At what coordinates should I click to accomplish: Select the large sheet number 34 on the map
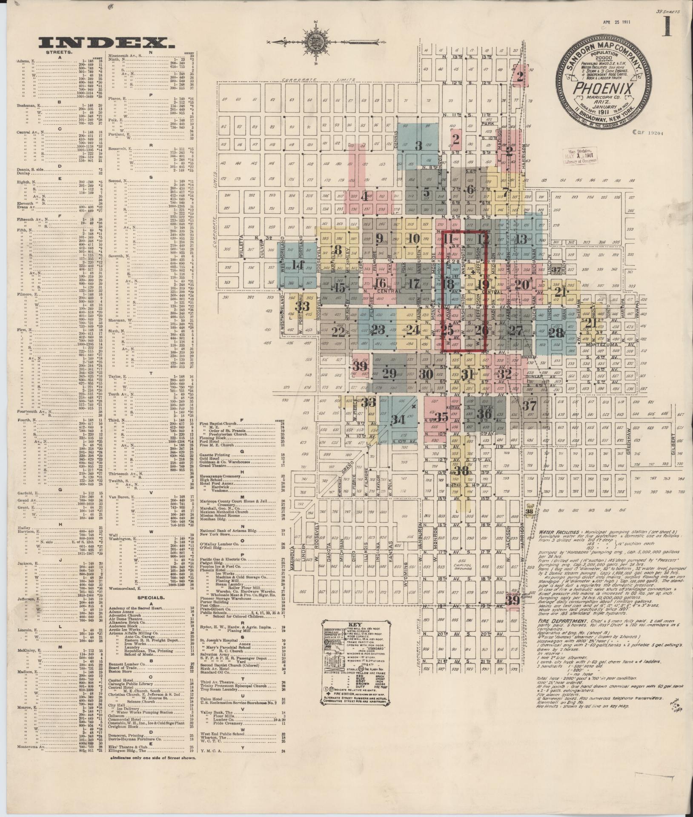point(398,419)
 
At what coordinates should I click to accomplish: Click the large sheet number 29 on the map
point(389,374)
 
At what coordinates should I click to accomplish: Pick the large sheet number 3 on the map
point(418,146)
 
